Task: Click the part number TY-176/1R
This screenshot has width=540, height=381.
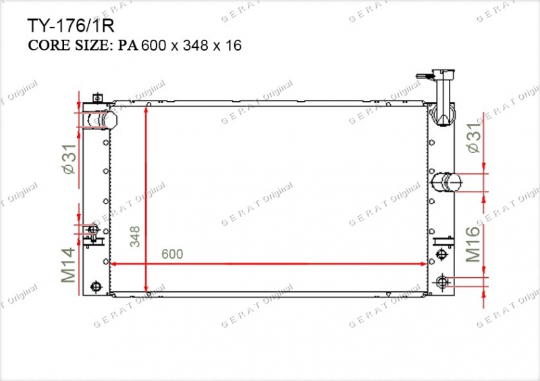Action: [x=70, y=26]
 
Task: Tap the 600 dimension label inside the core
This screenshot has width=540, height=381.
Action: [x=172, y=254]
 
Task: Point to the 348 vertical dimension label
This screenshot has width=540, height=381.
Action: [x=135, y=237]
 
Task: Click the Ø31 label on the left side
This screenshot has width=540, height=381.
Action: [x=70, y=158]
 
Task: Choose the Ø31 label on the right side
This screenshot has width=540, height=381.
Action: [x=474, y=138]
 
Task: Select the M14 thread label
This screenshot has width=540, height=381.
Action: [x=68, y=265]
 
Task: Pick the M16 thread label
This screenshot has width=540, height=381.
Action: [x=473, y=243]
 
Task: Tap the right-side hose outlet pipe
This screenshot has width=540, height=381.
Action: [x=447, y=181]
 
